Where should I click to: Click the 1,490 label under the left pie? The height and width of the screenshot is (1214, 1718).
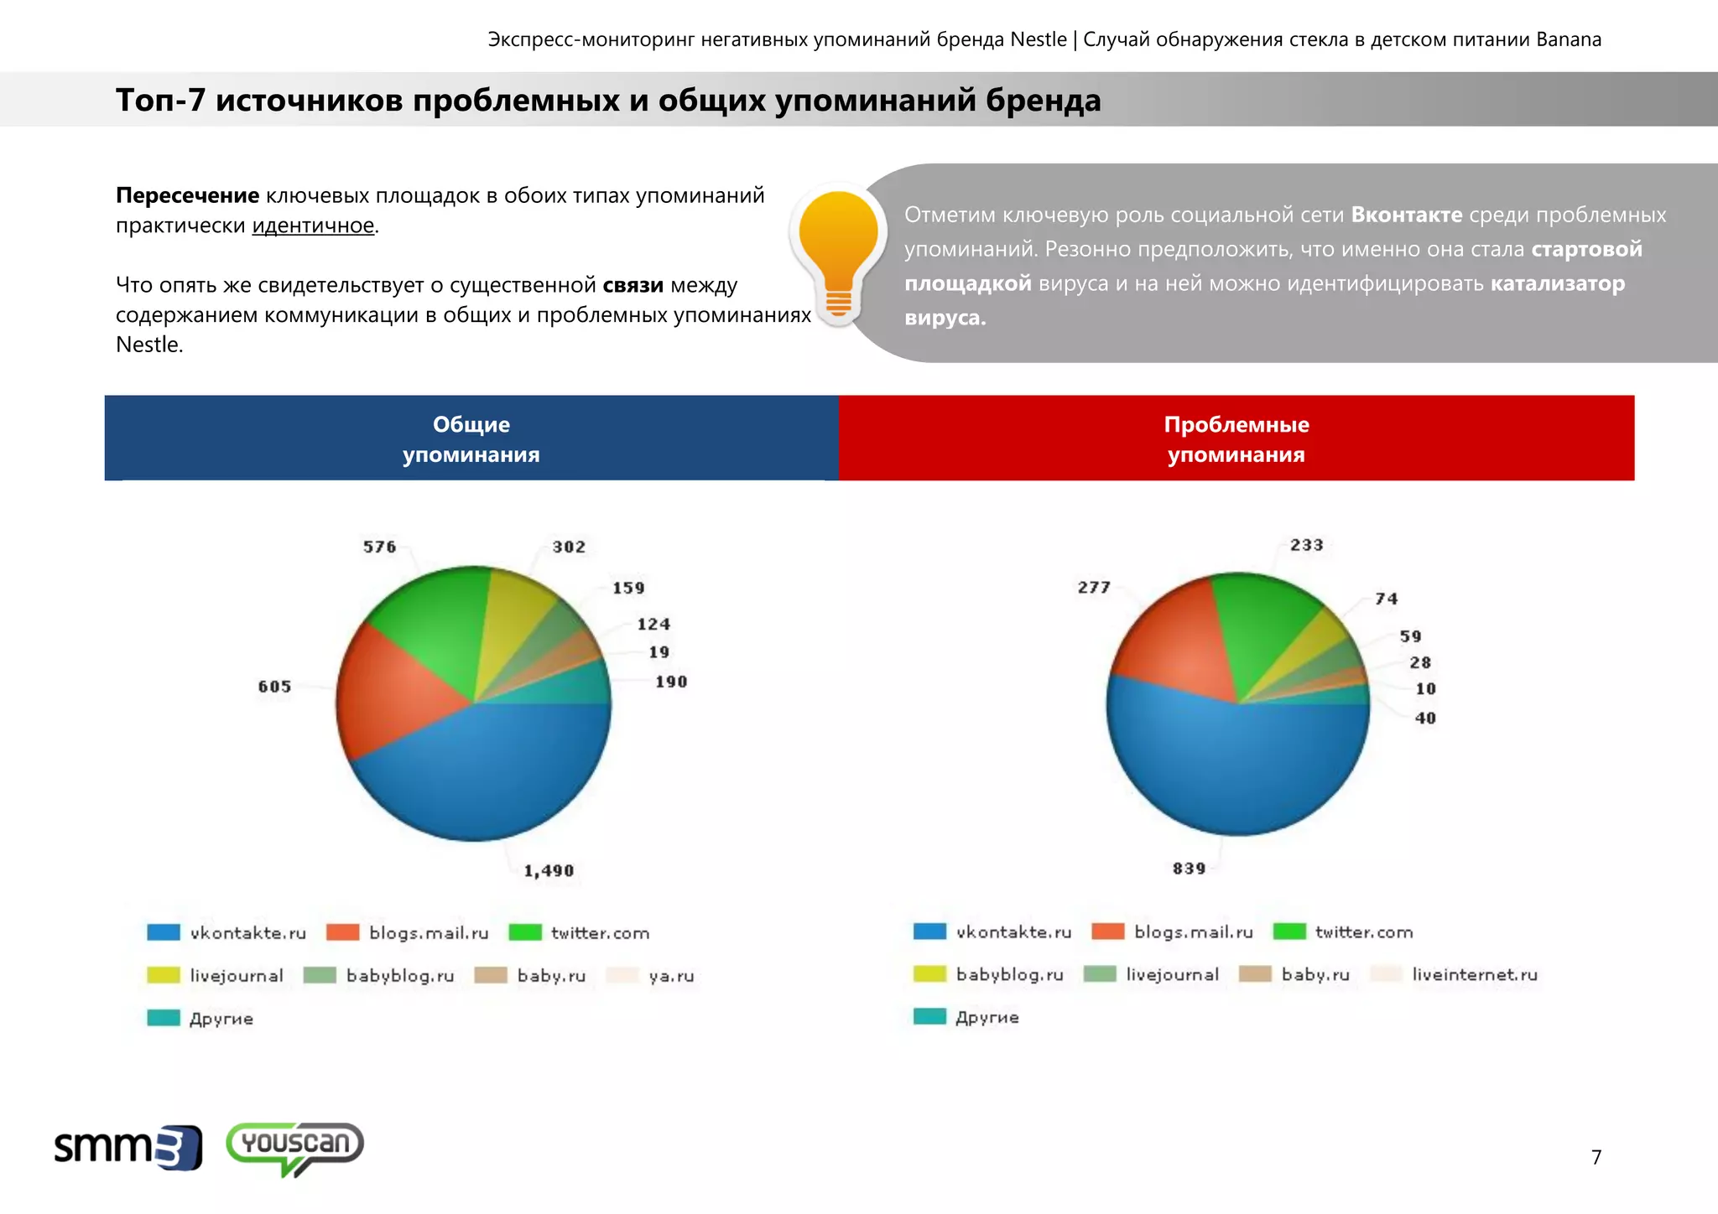[x=549, y=871]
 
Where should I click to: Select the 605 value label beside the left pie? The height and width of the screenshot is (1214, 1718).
[x=274, y=687]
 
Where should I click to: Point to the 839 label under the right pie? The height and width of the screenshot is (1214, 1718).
[x=1189, y=869]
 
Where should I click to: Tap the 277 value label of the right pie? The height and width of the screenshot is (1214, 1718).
[x=1094, y=588]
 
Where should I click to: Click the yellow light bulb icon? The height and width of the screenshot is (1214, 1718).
[x=838, y=252]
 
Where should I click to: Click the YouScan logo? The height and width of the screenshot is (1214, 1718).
[x=294, y=1147]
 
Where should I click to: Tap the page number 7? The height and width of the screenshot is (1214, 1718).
[x=1596, y=1157]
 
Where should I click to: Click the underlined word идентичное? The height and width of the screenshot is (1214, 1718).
[x=313, y=226]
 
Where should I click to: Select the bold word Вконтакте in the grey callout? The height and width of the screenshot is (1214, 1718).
[x=1406, y=215]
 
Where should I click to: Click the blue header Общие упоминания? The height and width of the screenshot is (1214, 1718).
[x=471, y=438]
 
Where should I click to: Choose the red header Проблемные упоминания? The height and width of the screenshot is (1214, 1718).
[x=1236, y=438]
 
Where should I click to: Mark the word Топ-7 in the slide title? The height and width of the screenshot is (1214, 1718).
[x=160, y=100]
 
